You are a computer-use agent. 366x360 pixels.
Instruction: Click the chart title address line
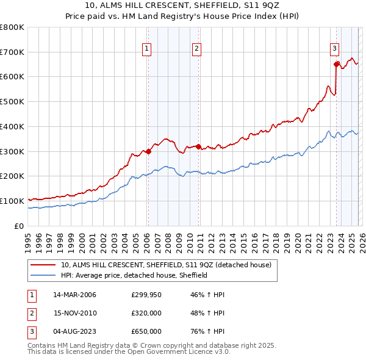tap(183, 5)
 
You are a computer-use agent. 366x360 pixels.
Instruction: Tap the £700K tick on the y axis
tap(12, 52)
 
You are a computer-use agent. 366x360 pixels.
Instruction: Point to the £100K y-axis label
tap(12, 201)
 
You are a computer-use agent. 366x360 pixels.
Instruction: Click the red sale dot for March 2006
tap(148, 151)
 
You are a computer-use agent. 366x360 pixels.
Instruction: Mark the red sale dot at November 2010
tap(198, 146)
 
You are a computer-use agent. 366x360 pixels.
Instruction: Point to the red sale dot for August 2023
tap(336, 64)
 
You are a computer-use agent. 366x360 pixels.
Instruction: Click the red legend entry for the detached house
tap(169, 265)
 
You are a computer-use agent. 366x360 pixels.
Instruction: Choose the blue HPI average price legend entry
tap(134, 275)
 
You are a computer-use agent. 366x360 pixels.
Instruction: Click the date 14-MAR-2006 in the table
tap(75, 295)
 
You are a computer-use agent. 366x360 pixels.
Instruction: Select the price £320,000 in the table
tap(146, 313)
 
